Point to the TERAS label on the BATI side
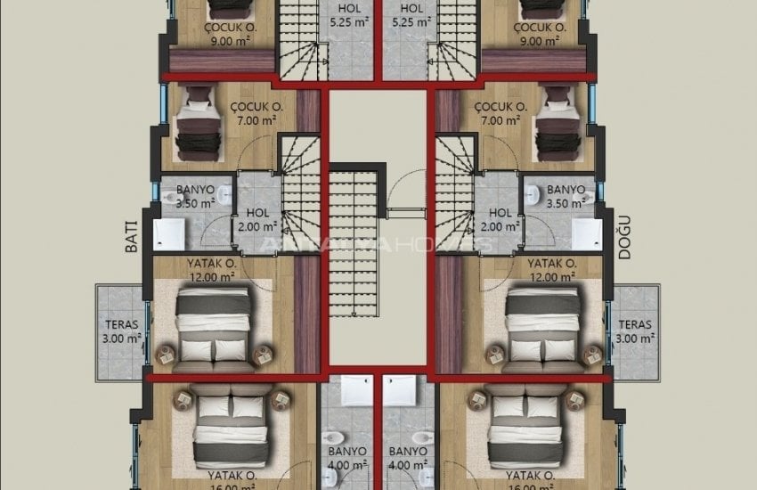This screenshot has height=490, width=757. tap(121, 331)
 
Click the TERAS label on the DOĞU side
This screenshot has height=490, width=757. tap(635, 331)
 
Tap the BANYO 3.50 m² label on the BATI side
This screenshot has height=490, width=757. tap(194, 196)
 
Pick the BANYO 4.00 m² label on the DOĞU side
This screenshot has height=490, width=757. tap(409, 457)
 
